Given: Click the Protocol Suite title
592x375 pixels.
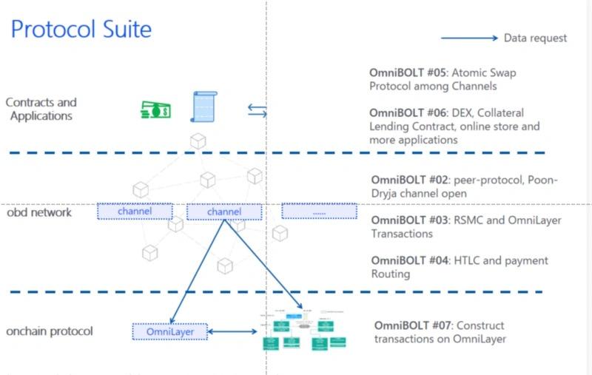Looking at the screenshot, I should point(81,30).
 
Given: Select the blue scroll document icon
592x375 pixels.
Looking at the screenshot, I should point(203,107).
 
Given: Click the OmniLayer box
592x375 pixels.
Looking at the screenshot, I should point(171,332).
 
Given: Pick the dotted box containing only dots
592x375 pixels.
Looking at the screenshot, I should point(318,212).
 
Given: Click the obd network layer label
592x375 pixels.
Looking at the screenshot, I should point(39,213).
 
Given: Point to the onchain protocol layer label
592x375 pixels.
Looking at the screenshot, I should point(50,331).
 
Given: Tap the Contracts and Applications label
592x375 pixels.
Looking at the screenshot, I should point(41,109).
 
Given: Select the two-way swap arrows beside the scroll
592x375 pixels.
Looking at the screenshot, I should point(257,111).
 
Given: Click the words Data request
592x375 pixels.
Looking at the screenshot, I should point(535,38).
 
